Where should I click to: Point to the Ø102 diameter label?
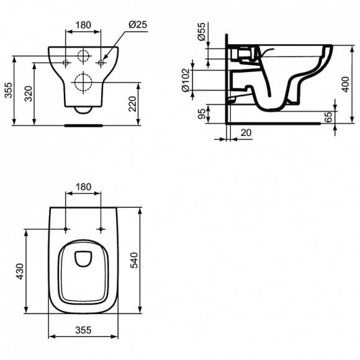pos(185,80)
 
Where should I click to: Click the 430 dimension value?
pos(19,271)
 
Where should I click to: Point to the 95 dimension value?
pos(200,114)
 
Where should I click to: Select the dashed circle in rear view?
pos(83,82)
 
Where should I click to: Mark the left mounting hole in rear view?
pos(66,62)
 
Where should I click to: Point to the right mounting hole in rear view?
pos(101,62)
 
